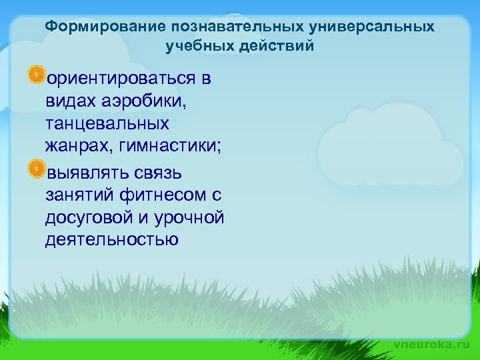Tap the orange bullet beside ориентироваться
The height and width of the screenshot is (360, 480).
click(37, 75)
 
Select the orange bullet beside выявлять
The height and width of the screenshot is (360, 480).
click(37, 169)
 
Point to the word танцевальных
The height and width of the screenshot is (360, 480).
click(107, 124)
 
